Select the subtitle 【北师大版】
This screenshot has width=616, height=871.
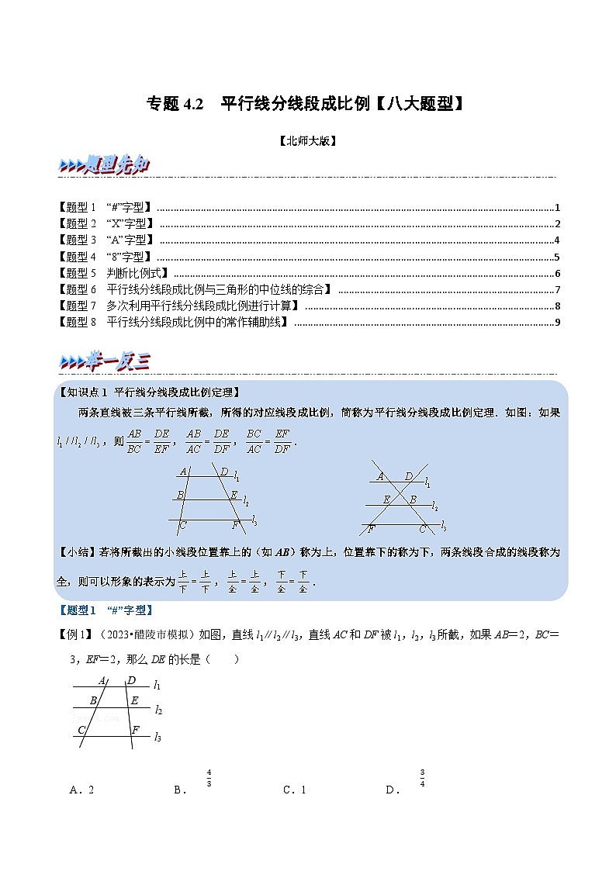pos(307,141)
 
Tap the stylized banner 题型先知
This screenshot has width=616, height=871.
pos(104,165)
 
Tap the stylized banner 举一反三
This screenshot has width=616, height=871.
pos(104,361)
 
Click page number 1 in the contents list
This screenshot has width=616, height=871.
pos(557,208)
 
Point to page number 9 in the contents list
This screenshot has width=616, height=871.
pos(557,323)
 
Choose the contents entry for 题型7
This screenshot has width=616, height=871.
pos(179,306)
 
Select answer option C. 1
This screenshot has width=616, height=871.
pos(295,790)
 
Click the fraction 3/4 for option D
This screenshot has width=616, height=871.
pos(423,778)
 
